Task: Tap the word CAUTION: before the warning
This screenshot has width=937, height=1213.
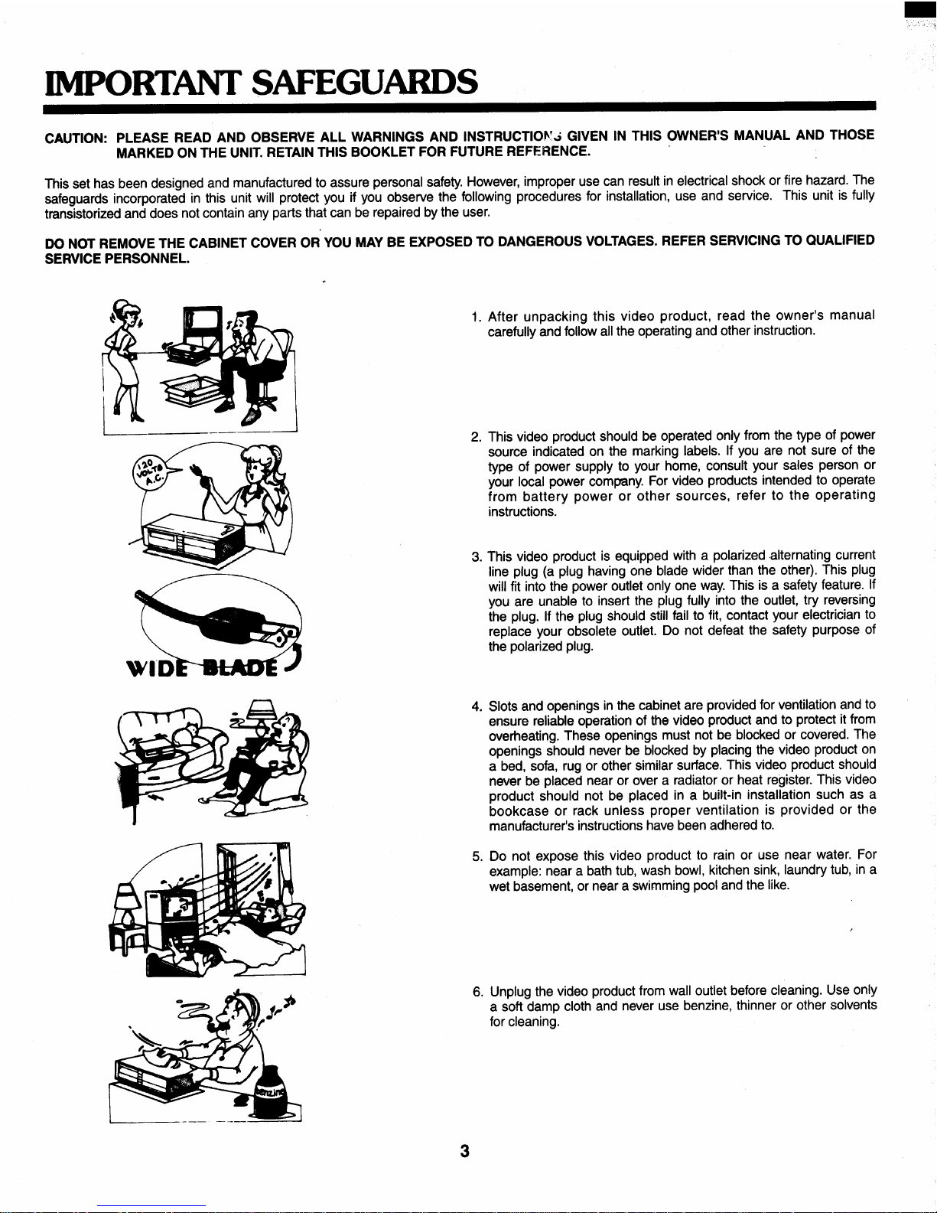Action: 76,138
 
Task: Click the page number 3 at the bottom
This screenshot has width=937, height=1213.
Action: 464,1151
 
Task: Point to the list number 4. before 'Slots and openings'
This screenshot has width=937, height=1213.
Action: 477,706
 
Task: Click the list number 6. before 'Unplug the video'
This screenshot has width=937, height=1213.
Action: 478,992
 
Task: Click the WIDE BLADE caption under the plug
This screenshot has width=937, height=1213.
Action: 203,668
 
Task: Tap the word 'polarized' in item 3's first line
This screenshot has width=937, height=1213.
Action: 739,556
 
